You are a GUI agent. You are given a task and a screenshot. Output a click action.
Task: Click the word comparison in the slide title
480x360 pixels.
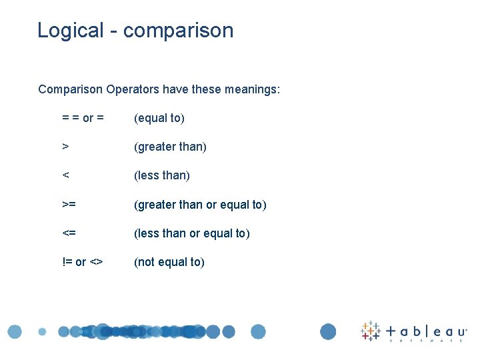coord(179,31)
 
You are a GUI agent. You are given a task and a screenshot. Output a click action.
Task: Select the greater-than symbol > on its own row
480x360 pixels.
coord(65,147)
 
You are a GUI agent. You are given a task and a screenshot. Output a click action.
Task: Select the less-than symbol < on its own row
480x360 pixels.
coord(65,175)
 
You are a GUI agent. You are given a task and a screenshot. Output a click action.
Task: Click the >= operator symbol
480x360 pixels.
coord(69,205)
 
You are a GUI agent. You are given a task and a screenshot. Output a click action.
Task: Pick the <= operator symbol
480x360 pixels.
coord(69,233)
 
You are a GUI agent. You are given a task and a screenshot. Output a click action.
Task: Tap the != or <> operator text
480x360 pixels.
coord(82,262)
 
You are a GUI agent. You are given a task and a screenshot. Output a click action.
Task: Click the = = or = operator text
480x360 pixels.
coord(83,118)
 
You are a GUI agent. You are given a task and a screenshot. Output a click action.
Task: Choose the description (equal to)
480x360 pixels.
coord(159,118)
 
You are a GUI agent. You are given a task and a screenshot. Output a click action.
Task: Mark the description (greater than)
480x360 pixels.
coord(170,147)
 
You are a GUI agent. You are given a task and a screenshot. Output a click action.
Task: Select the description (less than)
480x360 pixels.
coord(162,175)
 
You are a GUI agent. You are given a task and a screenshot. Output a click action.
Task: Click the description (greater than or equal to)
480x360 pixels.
coord(200,205)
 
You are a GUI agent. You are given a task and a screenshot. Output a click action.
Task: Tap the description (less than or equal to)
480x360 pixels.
coord(192,233)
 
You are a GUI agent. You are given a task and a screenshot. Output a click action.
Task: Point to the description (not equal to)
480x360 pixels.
coord(169,262)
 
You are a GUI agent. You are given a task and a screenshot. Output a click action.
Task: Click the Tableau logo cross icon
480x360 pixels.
coord(370,331)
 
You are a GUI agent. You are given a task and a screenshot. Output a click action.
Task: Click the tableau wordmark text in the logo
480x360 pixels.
coord(427,331)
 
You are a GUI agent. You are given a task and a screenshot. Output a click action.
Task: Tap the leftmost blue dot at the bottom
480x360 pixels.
coord(15,331)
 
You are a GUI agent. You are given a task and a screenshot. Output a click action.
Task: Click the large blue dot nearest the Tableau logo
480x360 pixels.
coord(328,331)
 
